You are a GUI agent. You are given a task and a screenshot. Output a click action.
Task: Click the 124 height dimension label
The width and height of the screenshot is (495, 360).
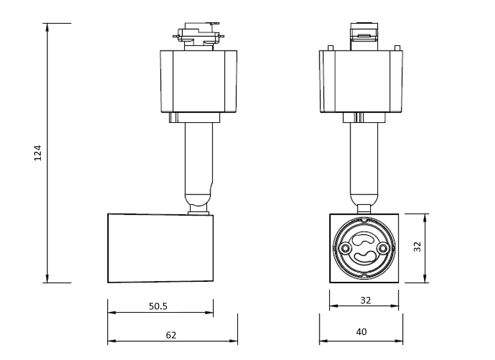(x=37, y=153)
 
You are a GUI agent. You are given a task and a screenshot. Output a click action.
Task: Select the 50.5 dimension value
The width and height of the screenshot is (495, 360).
(x=158, y=306)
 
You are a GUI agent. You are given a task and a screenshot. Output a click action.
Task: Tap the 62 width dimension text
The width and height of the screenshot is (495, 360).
(x=171, y=335)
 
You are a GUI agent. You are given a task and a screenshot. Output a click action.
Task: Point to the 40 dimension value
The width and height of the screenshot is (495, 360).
(x=362, y=332)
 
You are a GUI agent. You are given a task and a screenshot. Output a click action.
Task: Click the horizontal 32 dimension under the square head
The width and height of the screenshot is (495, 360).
(x=365, y=300)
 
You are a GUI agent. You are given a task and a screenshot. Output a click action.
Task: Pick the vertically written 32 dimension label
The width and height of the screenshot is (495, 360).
(x=417, y=246)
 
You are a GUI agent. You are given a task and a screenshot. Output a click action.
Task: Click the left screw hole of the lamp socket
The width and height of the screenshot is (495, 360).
(x=345, y=248)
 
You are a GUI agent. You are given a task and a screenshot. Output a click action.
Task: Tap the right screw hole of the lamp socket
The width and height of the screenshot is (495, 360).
(x=383, y=248)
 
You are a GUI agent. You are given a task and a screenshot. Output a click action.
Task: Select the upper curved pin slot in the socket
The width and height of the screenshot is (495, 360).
(x=364, y=239)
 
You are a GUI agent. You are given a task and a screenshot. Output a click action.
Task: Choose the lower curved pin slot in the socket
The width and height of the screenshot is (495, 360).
(x=364, y=258)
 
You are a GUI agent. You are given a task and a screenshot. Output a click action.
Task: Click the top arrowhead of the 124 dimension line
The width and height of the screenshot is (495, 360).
(x=47, y=28)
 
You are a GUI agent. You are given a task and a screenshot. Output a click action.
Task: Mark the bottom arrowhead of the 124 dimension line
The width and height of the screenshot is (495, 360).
(x=47, y=279)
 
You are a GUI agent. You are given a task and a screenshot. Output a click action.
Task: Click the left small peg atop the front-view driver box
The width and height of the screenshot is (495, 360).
(x=331, y=48)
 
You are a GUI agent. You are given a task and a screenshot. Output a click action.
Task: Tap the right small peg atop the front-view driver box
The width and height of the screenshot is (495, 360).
(x=398, y=48)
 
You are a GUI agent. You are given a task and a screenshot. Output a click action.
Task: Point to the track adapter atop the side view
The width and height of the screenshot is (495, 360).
(x=199, y=36)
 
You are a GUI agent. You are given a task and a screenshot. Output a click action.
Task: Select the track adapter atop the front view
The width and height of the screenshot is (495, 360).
(x=364, y=36)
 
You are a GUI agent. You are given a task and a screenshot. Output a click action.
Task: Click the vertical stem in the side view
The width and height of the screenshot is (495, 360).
(x=199, y=158)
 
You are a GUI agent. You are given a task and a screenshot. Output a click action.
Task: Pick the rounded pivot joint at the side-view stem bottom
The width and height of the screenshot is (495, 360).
(x=198, y=200)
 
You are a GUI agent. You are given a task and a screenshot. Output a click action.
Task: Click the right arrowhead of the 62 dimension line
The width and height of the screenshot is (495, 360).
(x=233, y=341)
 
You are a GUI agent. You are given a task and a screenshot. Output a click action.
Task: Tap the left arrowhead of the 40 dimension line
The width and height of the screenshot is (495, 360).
(x=323, y=341)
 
